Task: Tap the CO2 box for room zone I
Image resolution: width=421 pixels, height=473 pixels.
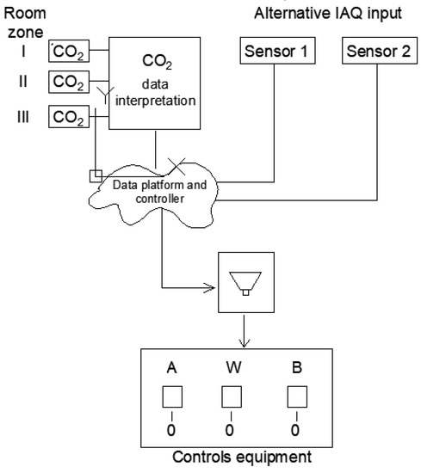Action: click(68, 54)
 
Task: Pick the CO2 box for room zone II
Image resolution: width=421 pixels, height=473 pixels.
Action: click(68, 83)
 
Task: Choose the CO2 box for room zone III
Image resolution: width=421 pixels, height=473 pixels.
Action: click(68, 116)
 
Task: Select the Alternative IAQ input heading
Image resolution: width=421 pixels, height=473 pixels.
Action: click(331, 11)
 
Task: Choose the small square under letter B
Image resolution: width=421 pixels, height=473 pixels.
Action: click(296, 396)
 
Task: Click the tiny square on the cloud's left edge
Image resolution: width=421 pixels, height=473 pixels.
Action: click(95, 176)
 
